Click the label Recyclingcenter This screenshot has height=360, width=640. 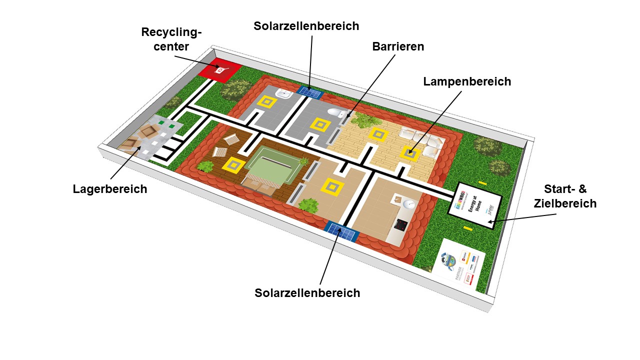[171, 39]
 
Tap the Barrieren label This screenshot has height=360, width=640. [398, 46]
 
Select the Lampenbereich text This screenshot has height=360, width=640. [467, 81]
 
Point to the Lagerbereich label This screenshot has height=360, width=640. [110, 189]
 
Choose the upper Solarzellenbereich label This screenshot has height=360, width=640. [306, 26]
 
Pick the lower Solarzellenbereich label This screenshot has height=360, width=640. [307, 293]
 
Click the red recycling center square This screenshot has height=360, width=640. [219, 70]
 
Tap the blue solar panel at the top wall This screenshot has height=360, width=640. [310, 92]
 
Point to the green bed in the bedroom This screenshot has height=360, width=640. [272, 167]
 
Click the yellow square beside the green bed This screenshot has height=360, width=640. [233, 164]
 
